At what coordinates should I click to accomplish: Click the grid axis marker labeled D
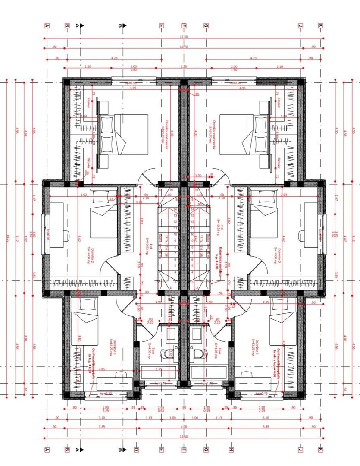136,450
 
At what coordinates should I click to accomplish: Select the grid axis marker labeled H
231,450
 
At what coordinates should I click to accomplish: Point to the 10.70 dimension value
183,47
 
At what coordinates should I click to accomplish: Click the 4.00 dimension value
183,427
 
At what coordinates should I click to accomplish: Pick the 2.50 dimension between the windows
183,66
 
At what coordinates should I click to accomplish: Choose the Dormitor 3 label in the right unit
257,348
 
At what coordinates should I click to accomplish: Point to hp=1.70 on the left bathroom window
160,383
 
